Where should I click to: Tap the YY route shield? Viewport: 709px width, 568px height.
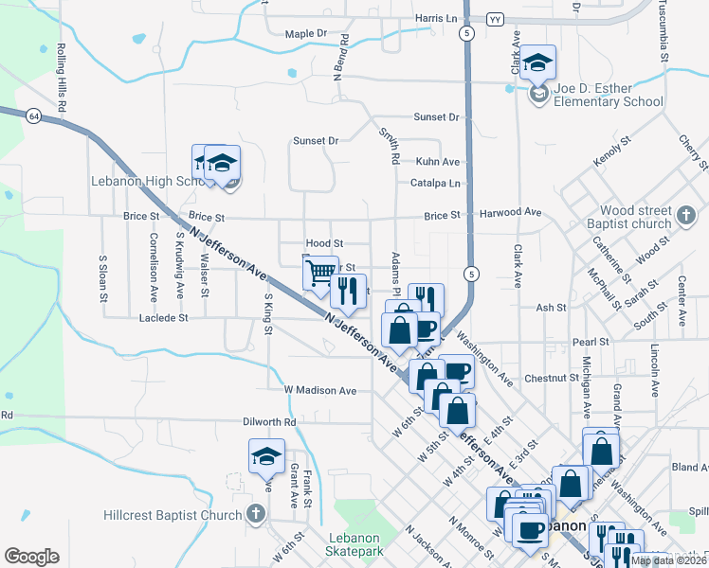pyautogui.click(x=494, y=19)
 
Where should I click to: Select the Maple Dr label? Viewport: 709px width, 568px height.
pyautogui.click(x=305, y=34)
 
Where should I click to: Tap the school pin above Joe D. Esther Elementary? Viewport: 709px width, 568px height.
pyautogui.click(x=537, y=64)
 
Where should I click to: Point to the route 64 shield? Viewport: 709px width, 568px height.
pyautogui.click(x=33, y=115)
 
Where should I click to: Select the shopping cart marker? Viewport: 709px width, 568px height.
pyautogui.click(x=320, y=273)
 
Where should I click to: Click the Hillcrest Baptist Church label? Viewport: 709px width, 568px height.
pyautogui.click(x=170, y=516)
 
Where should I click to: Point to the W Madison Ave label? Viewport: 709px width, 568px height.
pyautogui.click(x=320, y=390)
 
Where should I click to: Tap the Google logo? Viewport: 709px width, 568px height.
pyautogui.click(x=31, y=557)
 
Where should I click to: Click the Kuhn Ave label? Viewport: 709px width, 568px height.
pyautogui.click(x=437, y=162)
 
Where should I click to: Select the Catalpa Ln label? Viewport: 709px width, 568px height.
pyautogui.click(x=435, y=183)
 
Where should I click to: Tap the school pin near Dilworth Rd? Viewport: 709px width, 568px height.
pyautogui.click(x=266, y=457)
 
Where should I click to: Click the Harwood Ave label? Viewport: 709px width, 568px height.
pyautogui.click(x=506, y=216)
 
